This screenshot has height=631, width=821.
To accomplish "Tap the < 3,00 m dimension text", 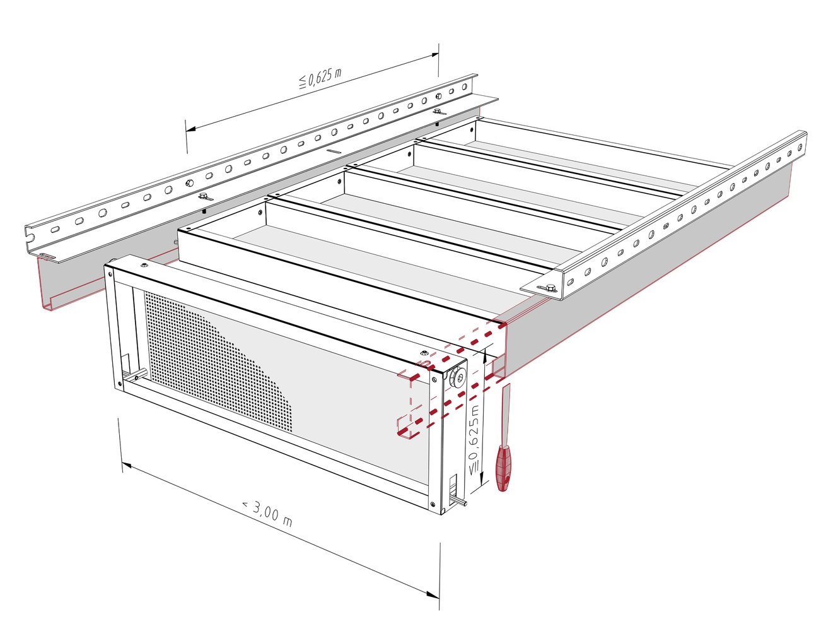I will [x=267, y=514].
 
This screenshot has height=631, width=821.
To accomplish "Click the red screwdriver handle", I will [x=503, y=468].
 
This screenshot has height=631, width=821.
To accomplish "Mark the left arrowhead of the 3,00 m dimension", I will [x=126, y=466].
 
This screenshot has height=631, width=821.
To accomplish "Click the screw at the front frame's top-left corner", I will [x=111, y=274].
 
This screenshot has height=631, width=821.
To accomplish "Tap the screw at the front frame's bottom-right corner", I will [x=433, y=503].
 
